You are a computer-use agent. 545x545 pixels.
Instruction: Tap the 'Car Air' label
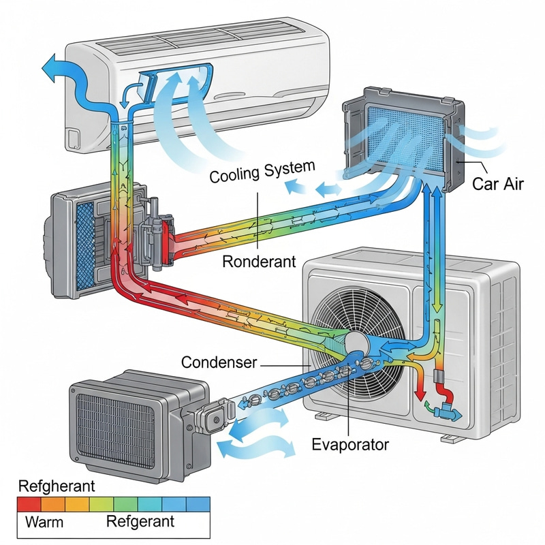(497, 183)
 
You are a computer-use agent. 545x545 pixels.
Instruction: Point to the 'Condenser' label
(219, 363)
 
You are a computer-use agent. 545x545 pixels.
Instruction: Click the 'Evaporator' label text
(349, 445)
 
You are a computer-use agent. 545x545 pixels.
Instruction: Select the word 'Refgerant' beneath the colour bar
(140, 523)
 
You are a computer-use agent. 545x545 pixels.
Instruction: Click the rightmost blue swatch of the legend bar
(198, 504)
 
